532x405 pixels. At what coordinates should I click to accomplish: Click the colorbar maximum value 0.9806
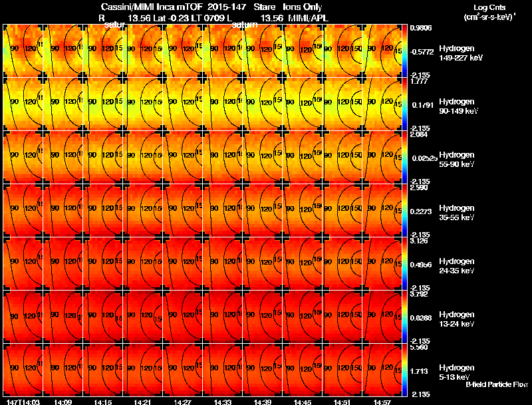[422, 28]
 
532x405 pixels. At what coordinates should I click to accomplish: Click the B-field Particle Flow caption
[496, 384]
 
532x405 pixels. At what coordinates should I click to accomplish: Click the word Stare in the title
[265, 7]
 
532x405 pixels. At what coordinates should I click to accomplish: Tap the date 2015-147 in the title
[227, 7]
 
